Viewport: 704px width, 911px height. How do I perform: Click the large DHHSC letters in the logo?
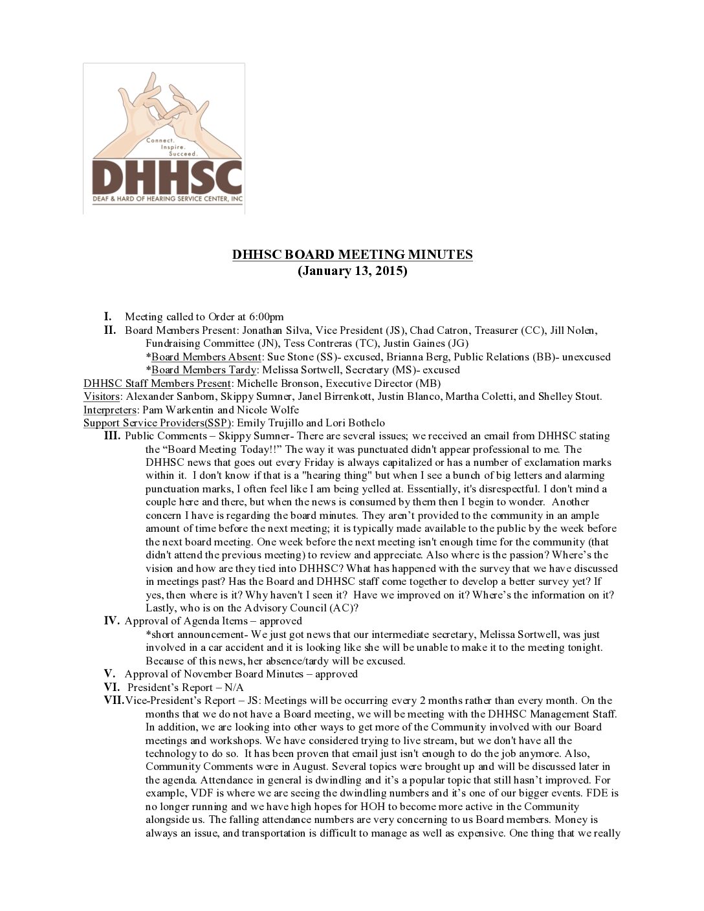(167, 175)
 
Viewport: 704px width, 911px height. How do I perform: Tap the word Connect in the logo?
(159, 140)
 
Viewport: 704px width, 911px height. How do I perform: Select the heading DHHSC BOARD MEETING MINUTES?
(352, 255)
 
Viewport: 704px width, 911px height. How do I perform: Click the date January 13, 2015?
(352, 271)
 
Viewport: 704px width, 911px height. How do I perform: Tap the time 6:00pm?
(267, 317)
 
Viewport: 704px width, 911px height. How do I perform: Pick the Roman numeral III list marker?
(112, 436)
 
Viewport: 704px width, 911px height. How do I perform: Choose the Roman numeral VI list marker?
(112, 687)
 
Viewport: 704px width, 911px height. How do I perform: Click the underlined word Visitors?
(102, 397)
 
